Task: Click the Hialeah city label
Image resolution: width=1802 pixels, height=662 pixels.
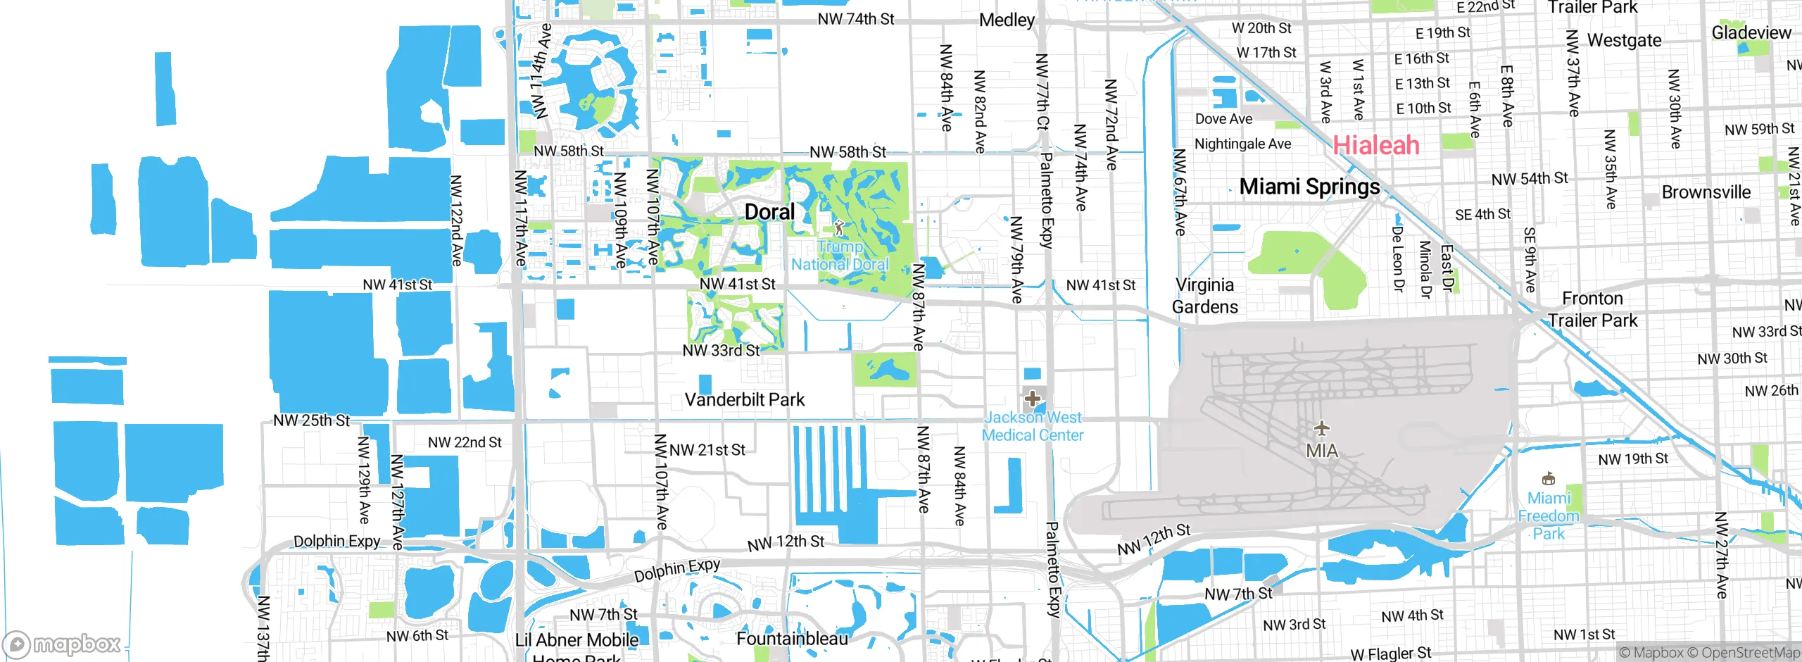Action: pos(1376,145)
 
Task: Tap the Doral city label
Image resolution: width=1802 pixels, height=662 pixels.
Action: pos(769,212)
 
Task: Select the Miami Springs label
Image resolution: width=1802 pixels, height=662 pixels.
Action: pos(1309,187)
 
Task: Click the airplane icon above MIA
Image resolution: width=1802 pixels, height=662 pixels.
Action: pos(1322,427)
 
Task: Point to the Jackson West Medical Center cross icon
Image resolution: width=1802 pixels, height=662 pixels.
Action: pos(1033,399)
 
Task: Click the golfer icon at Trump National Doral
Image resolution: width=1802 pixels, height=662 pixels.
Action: pos(838,227)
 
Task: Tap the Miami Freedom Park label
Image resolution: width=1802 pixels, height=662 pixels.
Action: pos(1549,516)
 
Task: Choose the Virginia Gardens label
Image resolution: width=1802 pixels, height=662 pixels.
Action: pos(1204,296)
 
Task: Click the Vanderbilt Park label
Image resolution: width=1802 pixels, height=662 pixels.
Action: pos(744,400)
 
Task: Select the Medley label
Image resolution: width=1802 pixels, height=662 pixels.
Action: pos(1007,20)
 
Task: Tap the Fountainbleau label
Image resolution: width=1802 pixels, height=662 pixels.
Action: pos(792,639)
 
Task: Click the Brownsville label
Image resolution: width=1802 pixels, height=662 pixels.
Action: pos(1706,192)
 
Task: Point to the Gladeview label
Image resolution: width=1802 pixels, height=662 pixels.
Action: pos(1751,33)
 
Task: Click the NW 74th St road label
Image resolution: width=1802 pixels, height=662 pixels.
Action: pos(855,19)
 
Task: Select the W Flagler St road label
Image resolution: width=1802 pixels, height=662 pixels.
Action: pos(1390,654)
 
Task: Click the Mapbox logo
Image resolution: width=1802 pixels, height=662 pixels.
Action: pos(62,644)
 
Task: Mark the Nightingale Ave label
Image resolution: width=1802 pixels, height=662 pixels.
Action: pos(1242,144)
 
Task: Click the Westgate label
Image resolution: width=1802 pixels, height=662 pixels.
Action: pos(1624,41)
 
